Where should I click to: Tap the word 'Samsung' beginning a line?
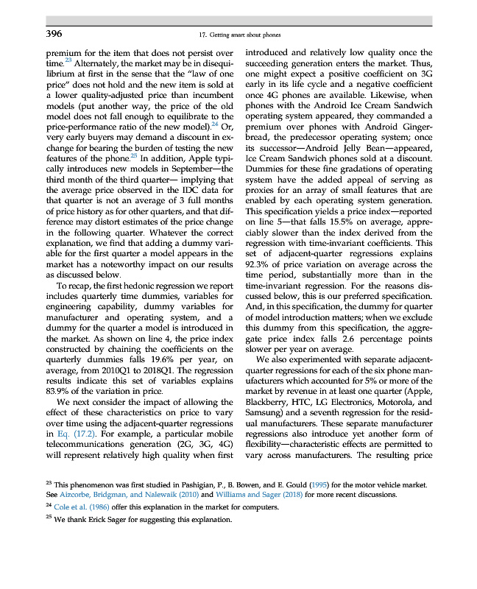click(x=264, y=416)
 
